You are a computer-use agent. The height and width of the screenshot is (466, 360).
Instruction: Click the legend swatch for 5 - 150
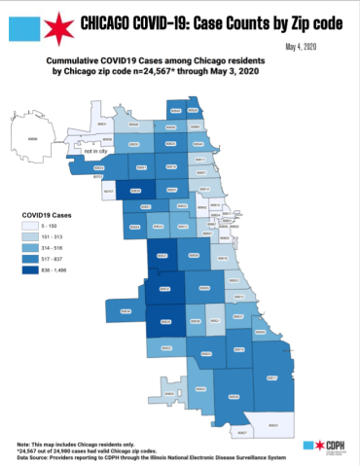tap(33, 225)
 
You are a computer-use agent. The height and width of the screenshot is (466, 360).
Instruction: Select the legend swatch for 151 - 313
tap(33, 236)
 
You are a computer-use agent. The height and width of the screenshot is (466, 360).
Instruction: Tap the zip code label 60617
tap(271, 376)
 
